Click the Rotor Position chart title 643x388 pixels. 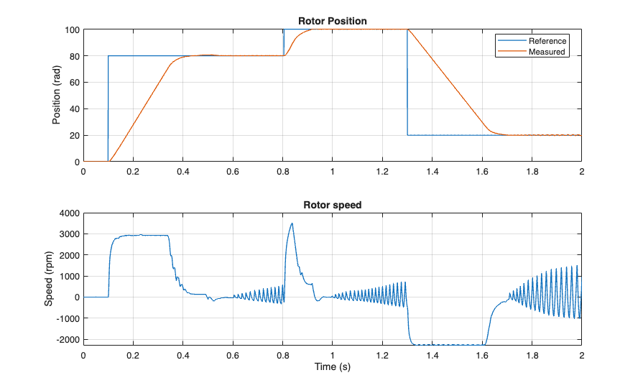coord(332,22)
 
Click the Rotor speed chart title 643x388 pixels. coord(332,205)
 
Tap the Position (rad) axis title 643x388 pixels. coord(57,96)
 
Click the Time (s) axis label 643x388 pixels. coord(332,367)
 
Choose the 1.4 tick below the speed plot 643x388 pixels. coord(432,355)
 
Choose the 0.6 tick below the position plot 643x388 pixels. coord(233,172)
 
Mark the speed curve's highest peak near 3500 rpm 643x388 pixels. coord(291,223)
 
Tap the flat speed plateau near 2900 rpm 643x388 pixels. coord(144,236)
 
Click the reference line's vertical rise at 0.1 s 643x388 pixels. coord(108,108)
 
